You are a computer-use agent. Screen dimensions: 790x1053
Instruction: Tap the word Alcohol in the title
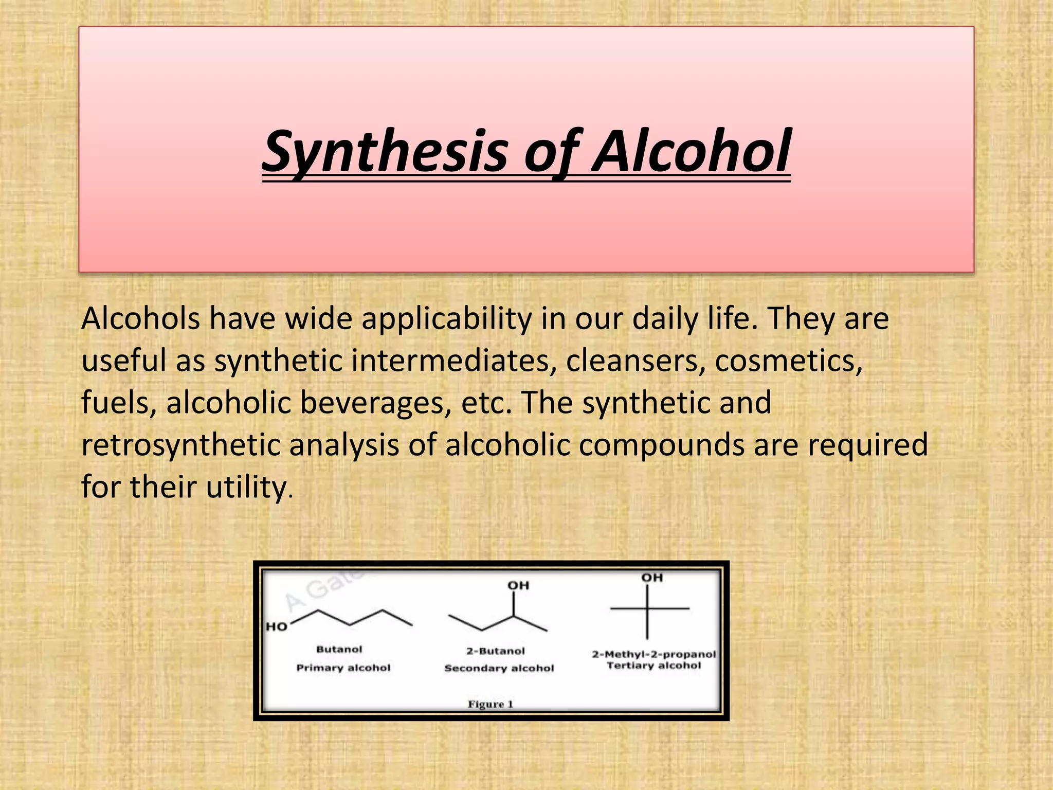[691, 152]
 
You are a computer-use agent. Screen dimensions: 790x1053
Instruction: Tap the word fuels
[119, 403]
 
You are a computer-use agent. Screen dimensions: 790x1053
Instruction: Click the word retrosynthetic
[180, 445]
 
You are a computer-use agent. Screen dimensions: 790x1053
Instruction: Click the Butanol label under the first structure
[339, 649]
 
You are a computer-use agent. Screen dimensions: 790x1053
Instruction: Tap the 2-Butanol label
[496, 651]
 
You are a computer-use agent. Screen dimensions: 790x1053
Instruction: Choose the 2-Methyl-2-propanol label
[654, 654]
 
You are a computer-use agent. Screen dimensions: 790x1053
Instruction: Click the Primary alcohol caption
[343, 668]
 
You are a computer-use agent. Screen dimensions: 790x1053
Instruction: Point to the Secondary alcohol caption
[499, 668]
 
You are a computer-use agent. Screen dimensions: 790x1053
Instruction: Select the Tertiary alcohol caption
[653, 666]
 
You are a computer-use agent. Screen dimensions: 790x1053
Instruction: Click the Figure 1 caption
[491, 704]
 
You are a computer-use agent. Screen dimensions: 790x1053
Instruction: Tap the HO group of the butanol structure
[277, 626]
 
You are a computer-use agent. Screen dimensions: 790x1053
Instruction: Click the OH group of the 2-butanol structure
[518, 585]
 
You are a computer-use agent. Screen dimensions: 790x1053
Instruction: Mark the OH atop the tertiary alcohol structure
[652, 578]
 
